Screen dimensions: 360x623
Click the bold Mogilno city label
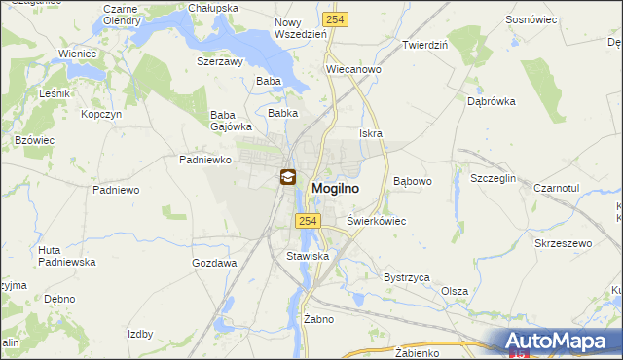click(x=339, y=188)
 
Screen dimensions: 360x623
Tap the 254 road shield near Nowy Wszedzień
click(x=336, y=18)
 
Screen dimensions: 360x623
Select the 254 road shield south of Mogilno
click(x=308, y=222)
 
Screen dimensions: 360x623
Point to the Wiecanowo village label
click(x=352, y=70)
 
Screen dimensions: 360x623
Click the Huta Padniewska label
click(x=62, y=256)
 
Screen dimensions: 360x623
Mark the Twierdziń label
click(x=424, y=45)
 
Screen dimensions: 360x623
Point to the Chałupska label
click(x=213, y=8)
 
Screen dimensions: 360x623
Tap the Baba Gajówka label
click(x=232, y=120)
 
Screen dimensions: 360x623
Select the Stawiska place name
click(x=308, y=256)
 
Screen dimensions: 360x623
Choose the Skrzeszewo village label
click(x=564, y=242)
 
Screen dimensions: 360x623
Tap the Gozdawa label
click(x=215, y=263)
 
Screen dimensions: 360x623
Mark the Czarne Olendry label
click(x=122, y=14)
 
